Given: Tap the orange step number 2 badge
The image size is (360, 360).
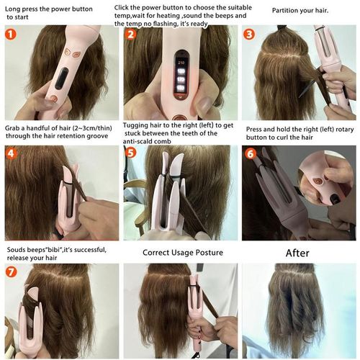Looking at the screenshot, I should pos(131,35).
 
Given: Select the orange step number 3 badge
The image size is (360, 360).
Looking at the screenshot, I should pos(250,34).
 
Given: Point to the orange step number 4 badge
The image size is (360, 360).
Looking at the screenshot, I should pos(12,153).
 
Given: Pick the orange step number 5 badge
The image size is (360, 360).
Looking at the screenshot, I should pos(131,153).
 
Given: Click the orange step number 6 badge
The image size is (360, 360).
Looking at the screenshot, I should pos(250,153).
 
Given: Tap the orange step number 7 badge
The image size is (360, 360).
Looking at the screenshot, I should pos(12,273).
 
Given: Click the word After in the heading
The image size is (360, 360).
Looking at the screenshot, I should pos(297,253).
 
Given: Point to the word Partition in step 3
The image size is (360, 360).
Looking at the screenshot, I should pos(285,11).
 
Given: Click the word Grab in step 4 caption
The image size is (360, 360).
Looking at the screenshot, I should pos(14,125).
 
